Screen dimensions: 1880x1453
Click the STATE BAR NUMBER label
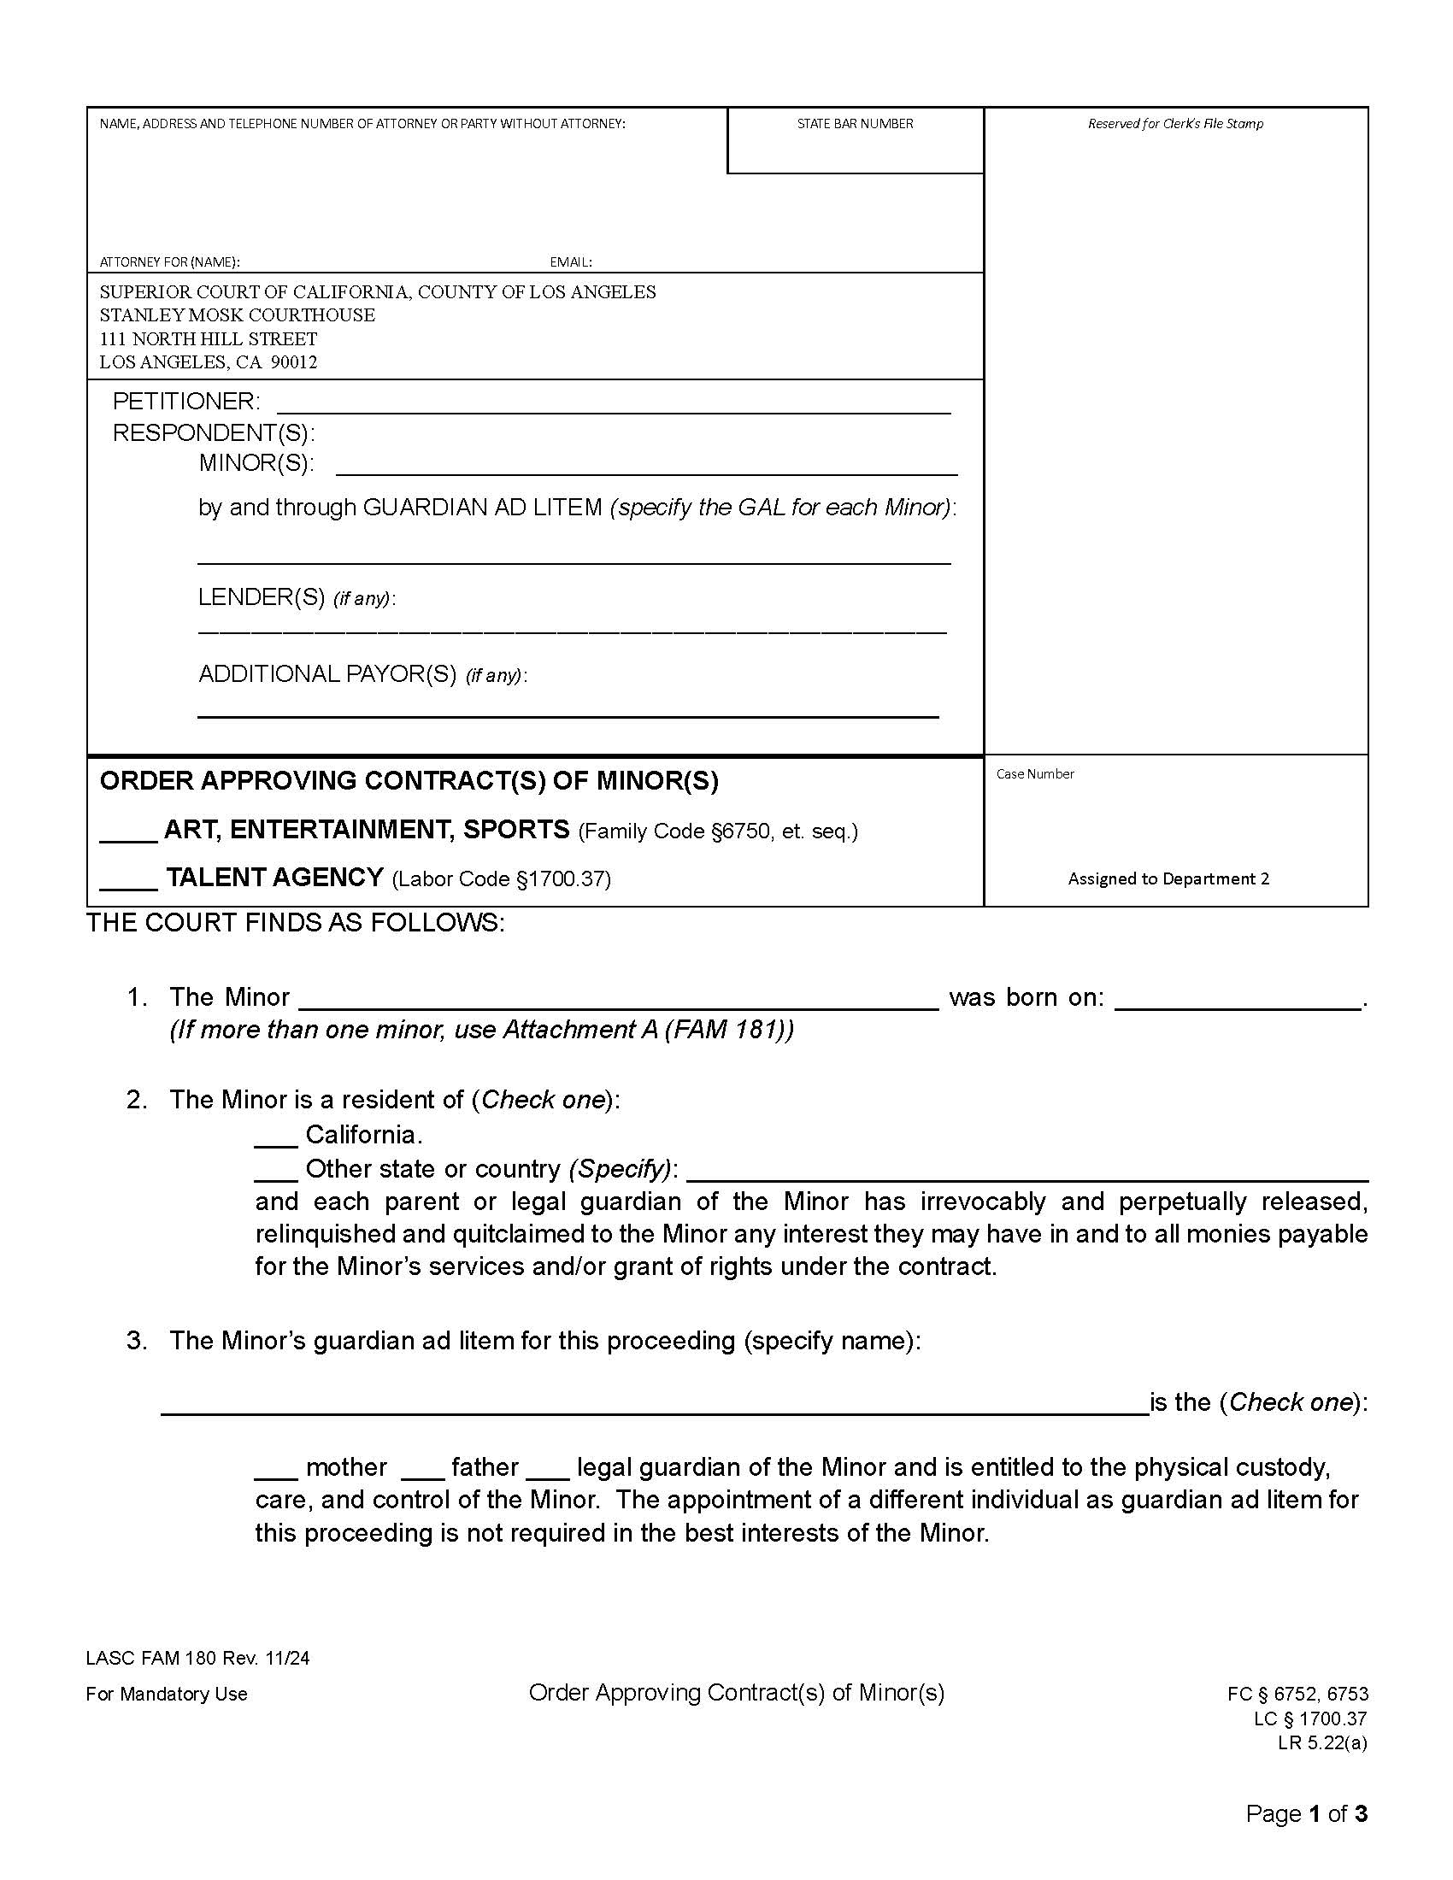click(854, 124)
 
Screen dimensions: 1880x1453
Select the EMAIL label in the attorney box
click(571, 261)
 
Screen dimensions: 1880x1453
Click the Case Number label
click(1035, 774)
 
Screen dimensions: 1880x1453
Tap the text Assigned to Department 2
click(1168, 878)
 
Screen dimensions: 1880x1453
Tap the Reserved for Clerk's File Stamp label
click(1175, 124)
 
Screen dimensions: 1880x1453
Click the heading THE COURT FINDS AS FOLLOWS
click(295, 923)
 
